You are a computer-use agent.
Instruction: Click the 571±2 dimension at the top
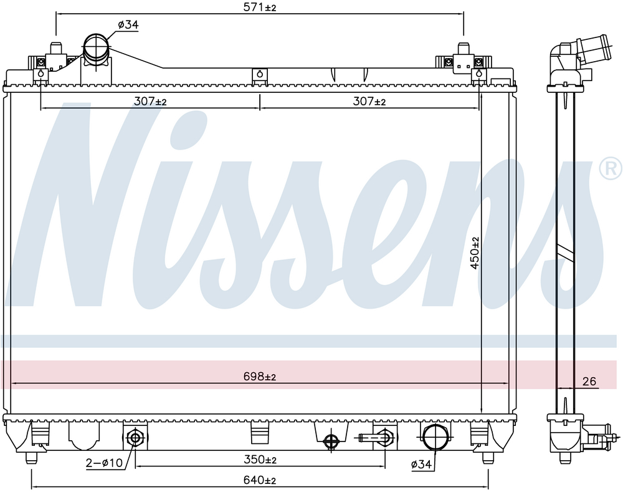(x=259, y=7)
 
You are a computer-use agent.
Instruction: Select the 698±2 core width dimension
(x=259, y=376)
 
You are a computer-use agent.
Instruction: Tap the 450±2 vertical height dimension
(x=475, y=253)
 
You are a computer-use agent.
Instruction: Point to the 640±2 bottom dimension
(x=259, y=480)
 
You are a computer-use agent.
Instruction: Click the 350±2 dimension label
(x=259, y=460)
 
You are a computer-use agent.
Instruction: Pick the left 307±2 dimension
(x=150, y=102)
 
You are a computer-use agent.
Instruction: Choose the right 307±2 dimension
(x=369, y=102)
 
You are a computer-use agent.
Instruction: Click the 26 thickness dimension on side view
(x=589, y=382)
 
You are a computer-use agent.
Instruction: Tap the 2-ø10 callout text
(x=105, y=463)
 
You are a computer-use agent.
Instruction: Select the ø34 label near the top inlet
(x=128, y=25)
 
